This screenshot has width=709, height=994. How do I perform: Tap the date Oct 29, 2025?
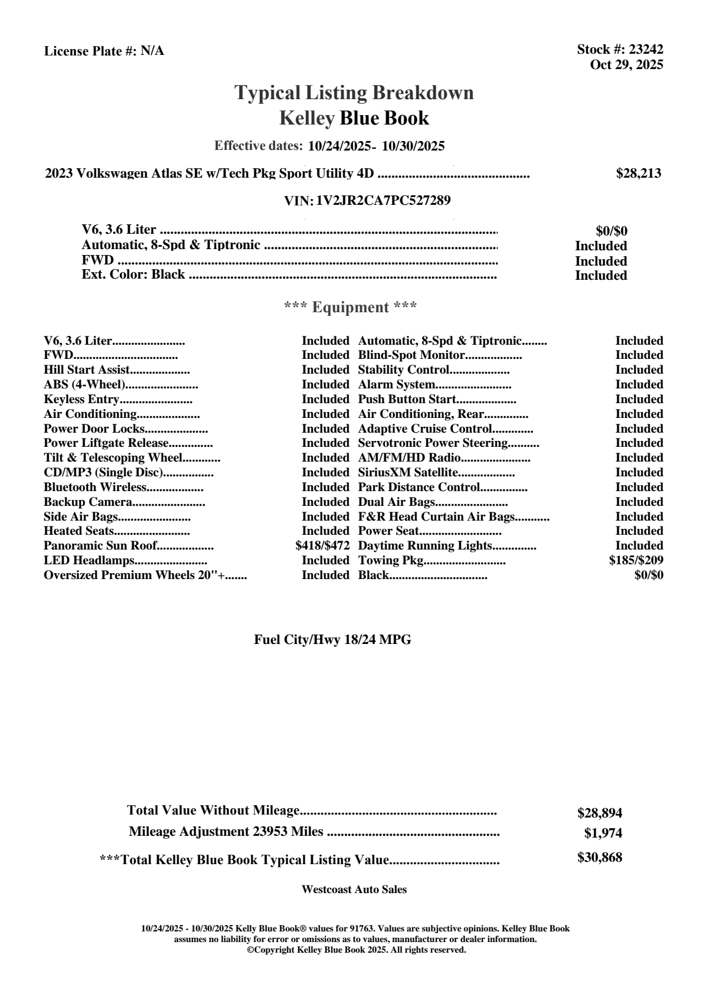click(x=626, y=65)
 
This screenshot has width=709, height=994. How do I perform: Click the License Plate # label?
click(x=91, y=51)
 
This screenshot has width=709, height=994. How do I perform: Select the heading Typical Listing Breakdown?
click(x=354, y=93)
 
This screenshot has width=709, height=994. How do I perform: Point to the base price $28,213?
click(x=638, y=174)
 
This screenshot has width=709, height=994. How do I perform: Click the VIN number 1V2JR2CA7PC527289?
click(x=383, y=201)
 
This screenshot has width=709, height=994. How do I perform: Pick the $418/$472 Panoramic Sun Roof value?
click(x=322, y=546)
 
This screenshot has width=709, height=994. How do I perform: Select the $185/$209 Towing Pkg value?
click(x=636, y=560)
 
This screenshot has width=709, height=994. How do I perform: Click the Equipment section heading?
click(x=351, y=308)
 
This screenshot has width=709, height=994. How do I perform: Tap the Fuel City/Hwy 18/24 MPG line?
click(x=332, y=640)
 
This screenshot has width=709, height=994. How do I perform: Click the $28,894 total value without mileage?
click(x=599, y=813)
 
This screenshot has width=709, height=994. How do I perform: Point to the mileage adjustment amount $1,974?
click(x=603, y=833)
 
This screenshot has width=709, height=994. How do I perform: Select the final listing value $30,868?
click(x=599, y=858)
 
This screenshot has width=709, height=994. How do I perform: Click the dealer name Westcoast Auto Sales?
click(x=354, y=890)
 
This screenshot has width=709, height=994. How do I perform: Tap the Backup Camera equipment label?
click(x=88, y=502)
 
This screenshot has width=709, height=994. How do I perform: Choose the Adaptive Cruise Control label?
click(x=425, y=429)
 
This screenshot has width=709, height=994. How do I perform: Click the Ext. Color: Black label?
click(x=133, y=275)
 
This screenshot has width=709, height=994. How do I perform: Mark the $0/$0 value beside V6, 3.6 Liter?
click(x=611, y=231)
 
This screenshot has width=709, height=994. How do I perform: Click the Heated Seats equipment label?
click(x=79, y=531)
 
